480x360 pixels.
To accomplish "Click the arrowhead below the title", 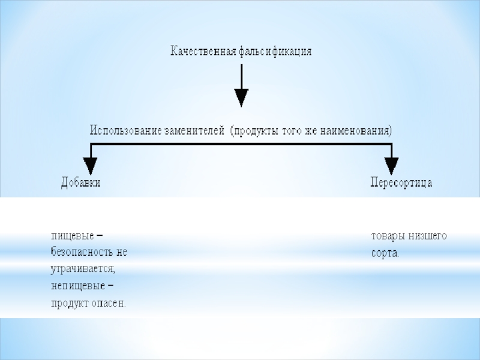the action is tap(241, 97).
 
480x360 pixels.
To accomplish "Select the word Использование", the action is tap(125, 130).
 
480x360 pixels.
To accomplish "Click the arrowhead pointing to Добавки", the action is tap(90, 166).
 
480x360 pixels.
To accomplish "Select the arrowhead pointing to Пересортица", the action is tap(391, 166).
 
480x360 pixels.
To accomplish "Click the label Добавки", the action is tap(81, 182).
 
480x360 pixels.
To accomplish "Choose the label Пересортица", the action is tap(401, 182).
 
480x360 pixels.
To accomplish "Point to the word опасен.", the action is tap(109, 303).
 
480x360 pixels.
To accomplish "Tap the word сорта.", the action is tap(385, 253).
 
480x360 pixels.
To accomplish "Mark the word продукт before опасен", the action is tap(69, 303).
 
